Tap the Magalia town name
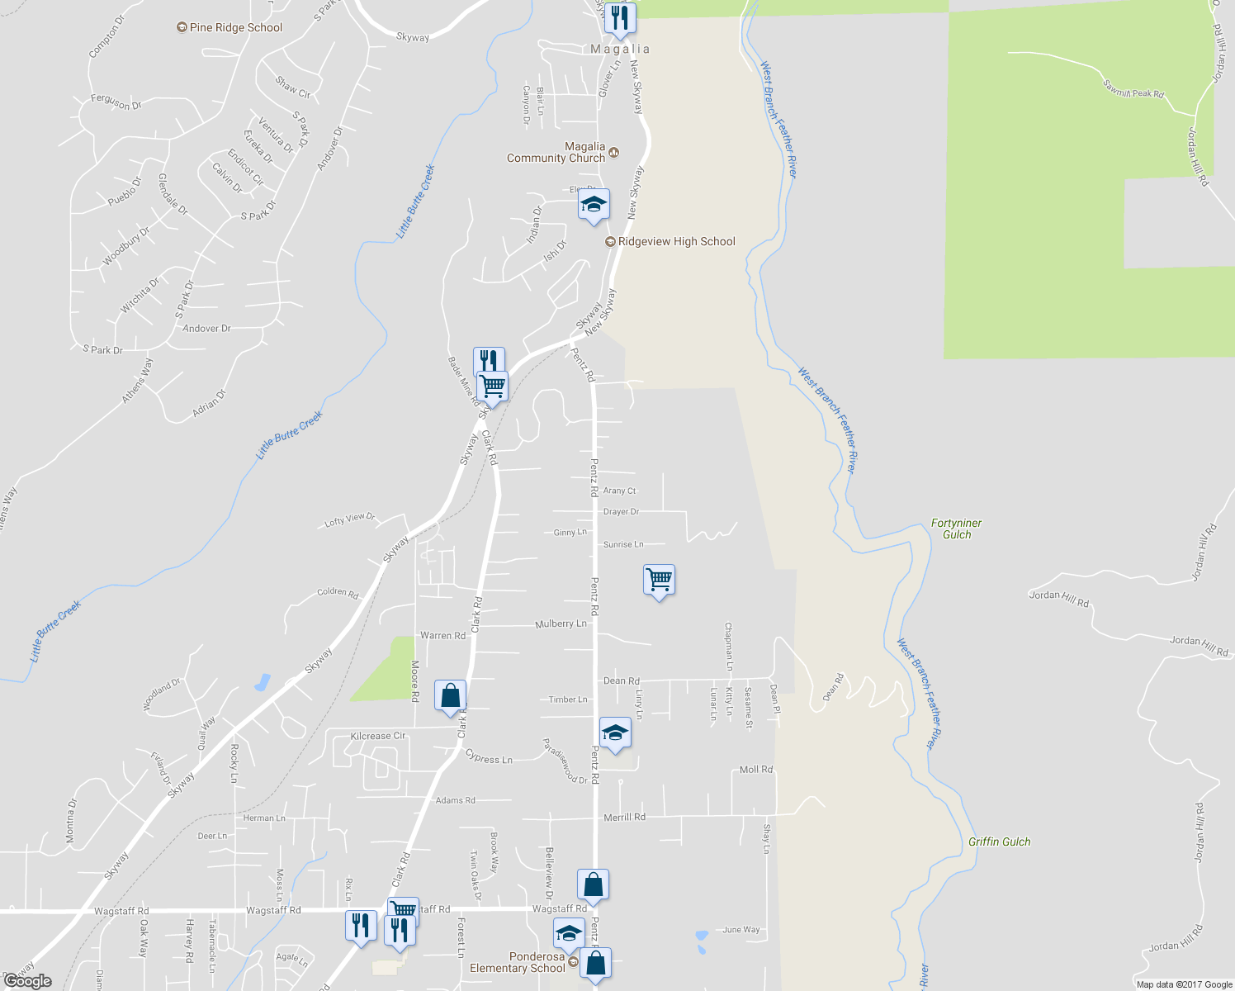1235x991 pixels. point(620,50)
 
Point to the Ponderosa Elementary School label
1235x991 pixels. point(518,962)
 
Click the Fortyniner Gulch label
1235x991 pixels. point(956,529)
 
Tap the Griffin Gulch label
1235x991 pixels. point(999,842)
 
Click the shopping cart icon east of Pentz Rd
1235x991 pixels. point(659,580)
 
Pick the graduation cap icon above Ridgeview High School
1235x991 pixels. point(593,205)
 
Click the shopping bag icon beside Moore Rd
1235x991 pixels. point(450,696)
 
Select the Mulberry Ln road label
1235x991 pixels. point(561,624)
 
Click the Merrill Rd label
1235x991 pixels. point(624,817)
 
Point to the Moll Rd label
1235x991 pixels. point(755,770)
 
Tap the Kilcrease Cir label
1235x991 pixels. point(377,736)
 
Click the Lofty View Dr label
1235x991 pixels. point(349,519)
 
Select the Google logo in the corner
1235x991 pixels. point(27,981)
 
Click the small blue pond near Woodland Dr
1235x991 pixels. point(262,683)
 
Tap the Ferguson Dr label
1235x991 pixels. point(116,102)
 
